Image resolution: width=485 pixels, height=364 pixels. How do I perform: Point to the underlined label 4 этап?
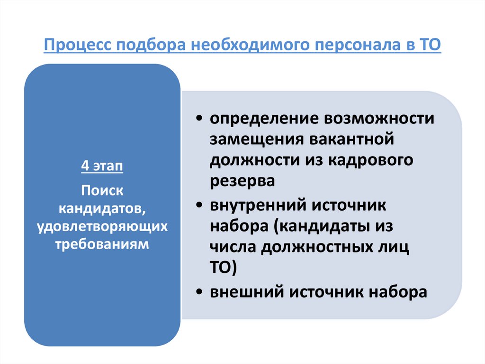(x=102, y=167)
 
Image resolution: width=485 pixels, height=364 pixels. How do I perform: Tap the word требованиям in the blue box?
(x=102, y=244)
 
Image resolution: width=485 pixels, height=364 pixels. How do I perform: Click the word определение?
(x=263, y=118)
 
